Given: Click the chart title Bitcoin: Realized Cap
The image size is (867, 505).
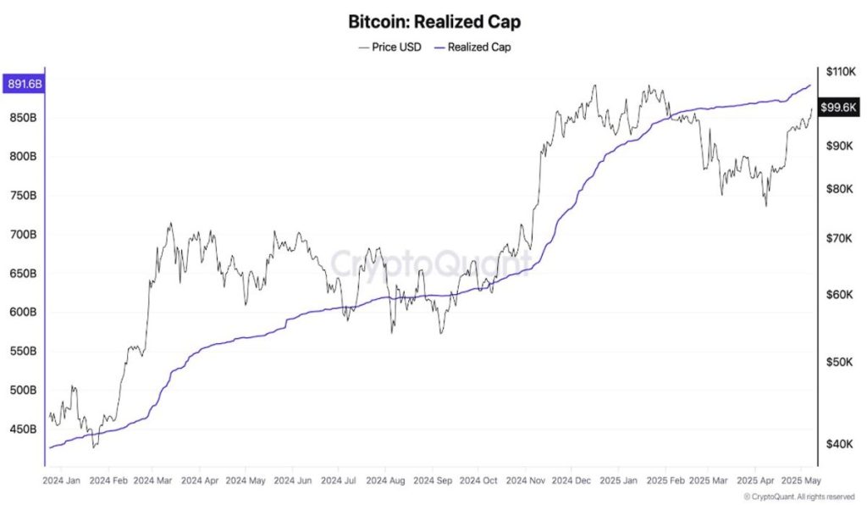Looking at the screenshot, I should (434, 20).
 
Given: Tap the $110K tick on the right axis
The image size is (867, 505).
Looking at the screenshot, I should (840, 72).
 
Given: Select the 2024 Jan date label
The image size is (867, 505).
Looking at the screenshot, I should (62, 480).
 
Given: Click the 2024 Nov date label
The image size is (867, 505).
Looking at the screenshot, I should (525, 480).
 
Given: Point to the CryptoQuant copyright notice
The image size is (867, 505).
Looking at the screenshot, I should (799, 497).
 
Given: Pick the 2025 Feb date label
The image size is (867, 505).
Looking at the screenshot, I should (665, 480).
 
